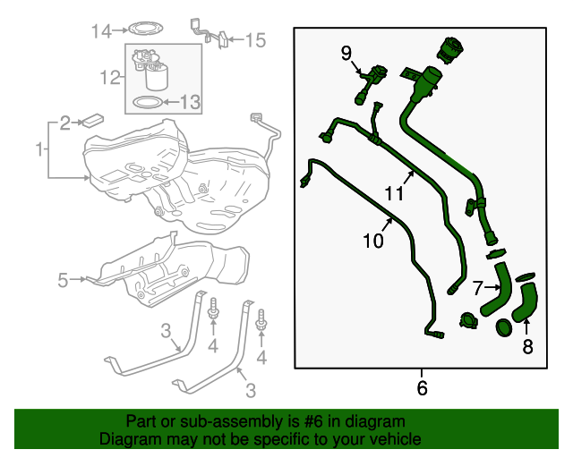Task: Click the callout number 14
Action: click(101, 31)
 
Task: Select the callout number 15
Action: click(255, 39)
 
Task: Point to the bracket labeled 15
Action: click(205, 30)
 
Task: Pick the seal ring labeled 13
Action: click(143, 103)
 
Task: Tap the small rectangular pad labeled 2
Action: click(91, 120)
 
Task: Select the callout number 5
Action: click(63, 280)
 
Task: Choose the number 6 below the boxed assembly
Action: click(422, 388)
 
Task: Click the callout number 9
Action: click(346, 53)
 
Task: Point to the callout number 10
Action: click(373, 241)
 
